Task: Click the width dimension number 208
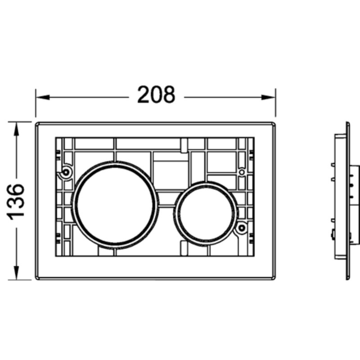(x=156, y=94)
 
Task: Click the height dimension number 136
(x=16, y=202)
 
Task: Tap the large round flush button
(x=115, y=205)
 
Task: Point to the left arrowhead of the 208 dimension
(x=43, y=97)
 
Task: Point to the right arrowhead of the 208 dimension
(x=268, y=97)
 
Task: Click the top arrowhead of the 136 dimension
(x=16, y=129)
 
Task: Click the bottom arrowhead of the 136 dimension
(x=16, y=273)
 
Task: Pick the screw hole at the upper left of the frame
(x=66, y=172)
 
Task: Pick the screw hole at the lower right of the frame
(x=242, y=228)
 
